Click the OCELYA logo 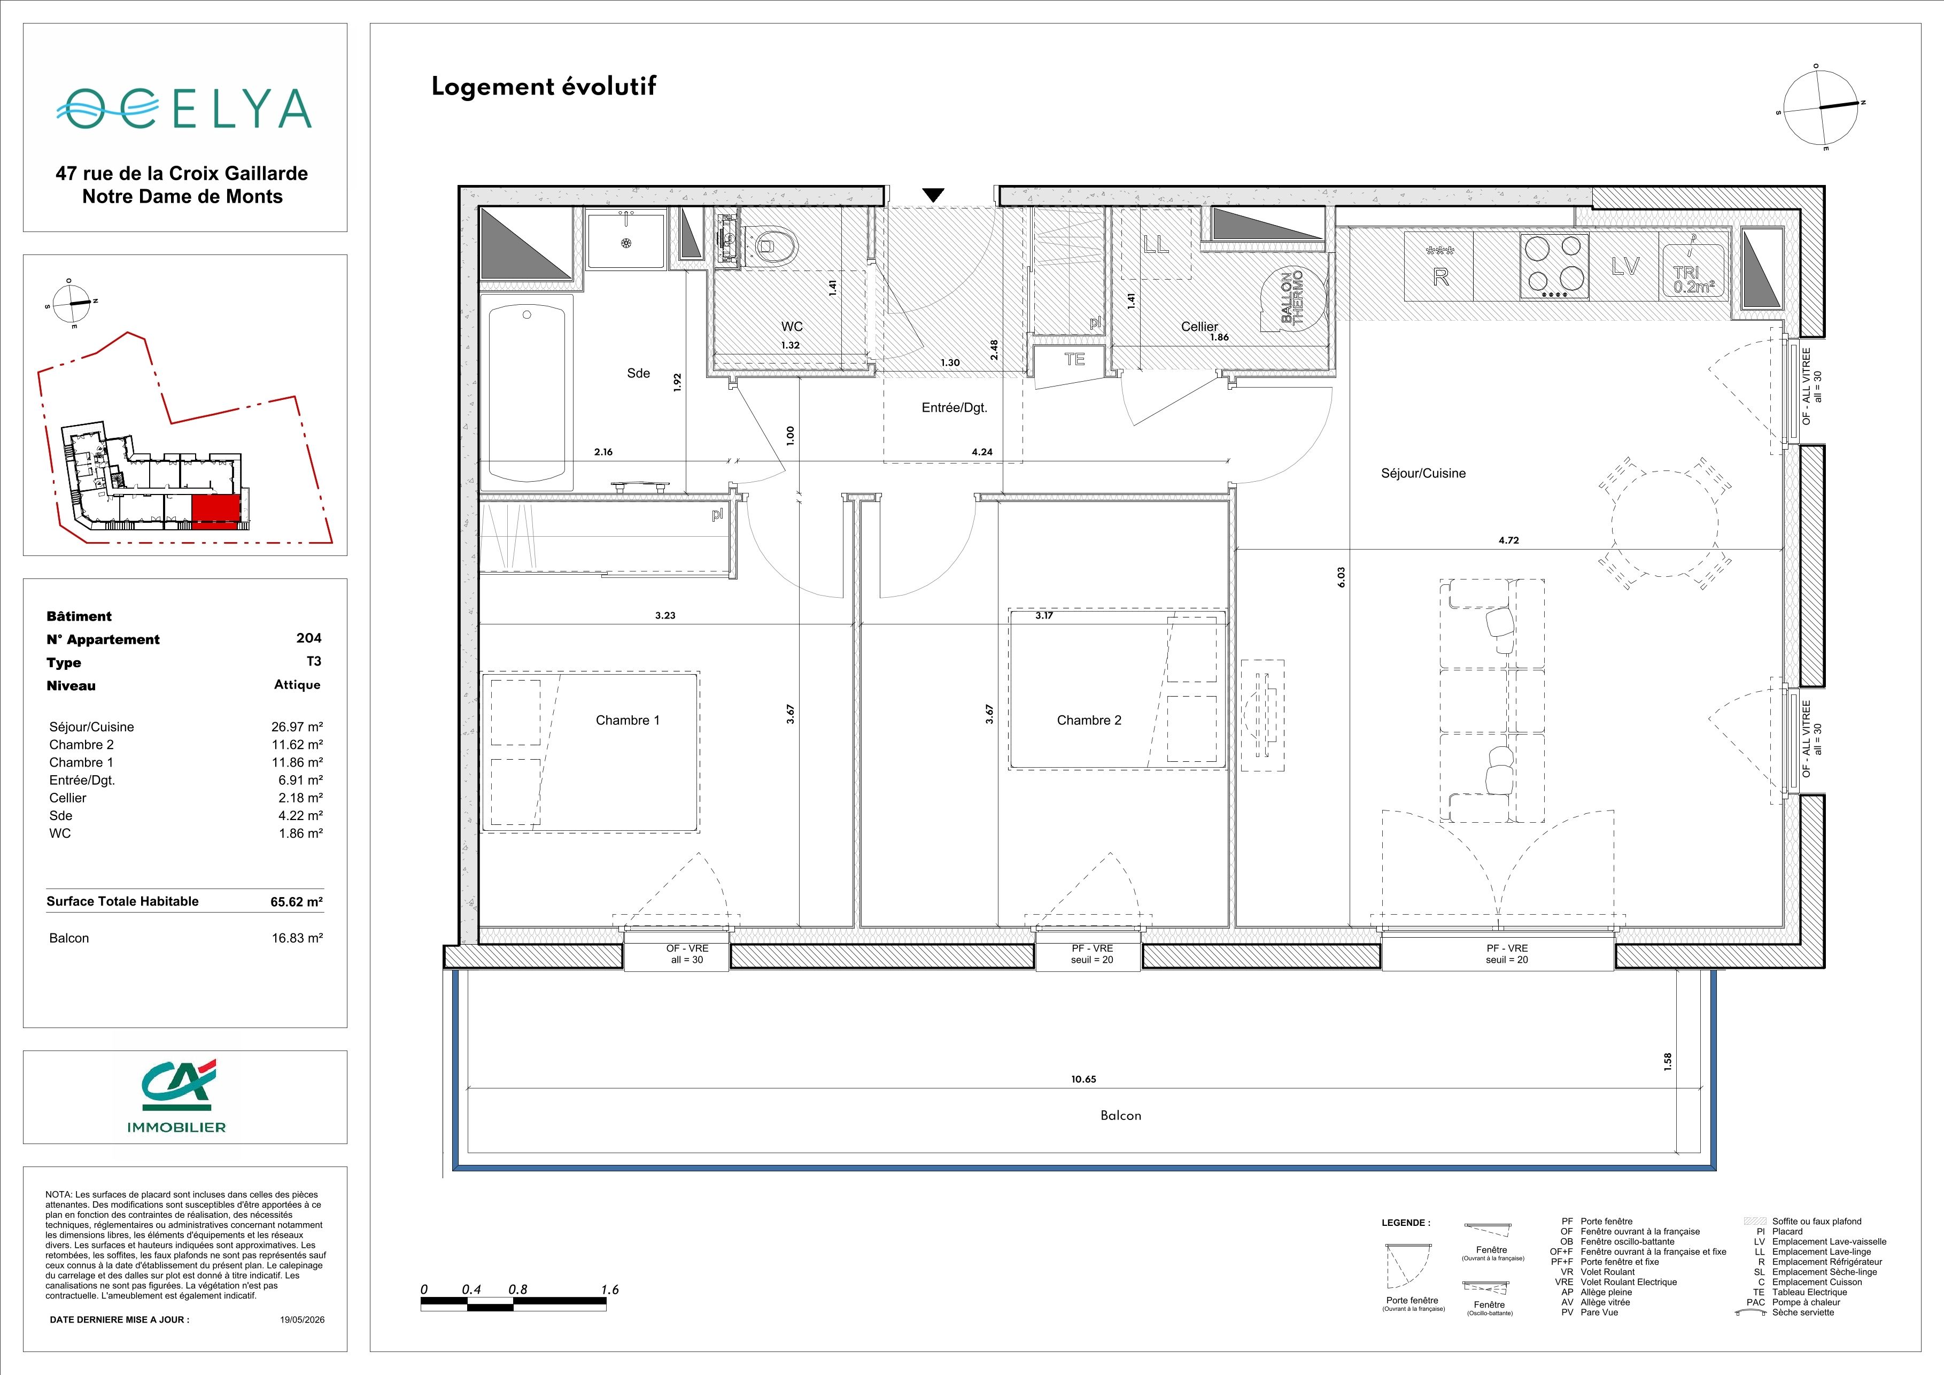click(x=184, y=109)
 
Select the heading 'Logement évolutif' click(x=544, y=87)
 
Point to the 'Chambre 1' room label click(x=628, y=721)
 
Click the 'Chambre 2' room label click(x=1089, y=721)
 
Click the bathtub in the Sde click(x=526, y=392)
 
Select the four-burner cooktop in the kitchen click(x=1554, y=265)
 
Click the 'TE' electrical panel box click(x=1074, y=359)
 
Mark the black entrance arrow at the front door click(x=933, y=195)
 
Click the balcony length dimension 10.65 click(x=1084, y=1079)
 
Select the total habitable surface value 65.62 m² click(x=296, y=902)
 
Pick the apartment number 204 click(x=309, y=638)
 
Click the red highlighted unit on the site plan click(x=216, y=512)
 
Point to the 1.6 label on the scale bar click(x=610, y=1289)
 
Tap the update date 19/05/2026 click(x=303, y=1319)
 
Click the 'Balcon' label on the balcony click(x=1121, y=1116)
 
